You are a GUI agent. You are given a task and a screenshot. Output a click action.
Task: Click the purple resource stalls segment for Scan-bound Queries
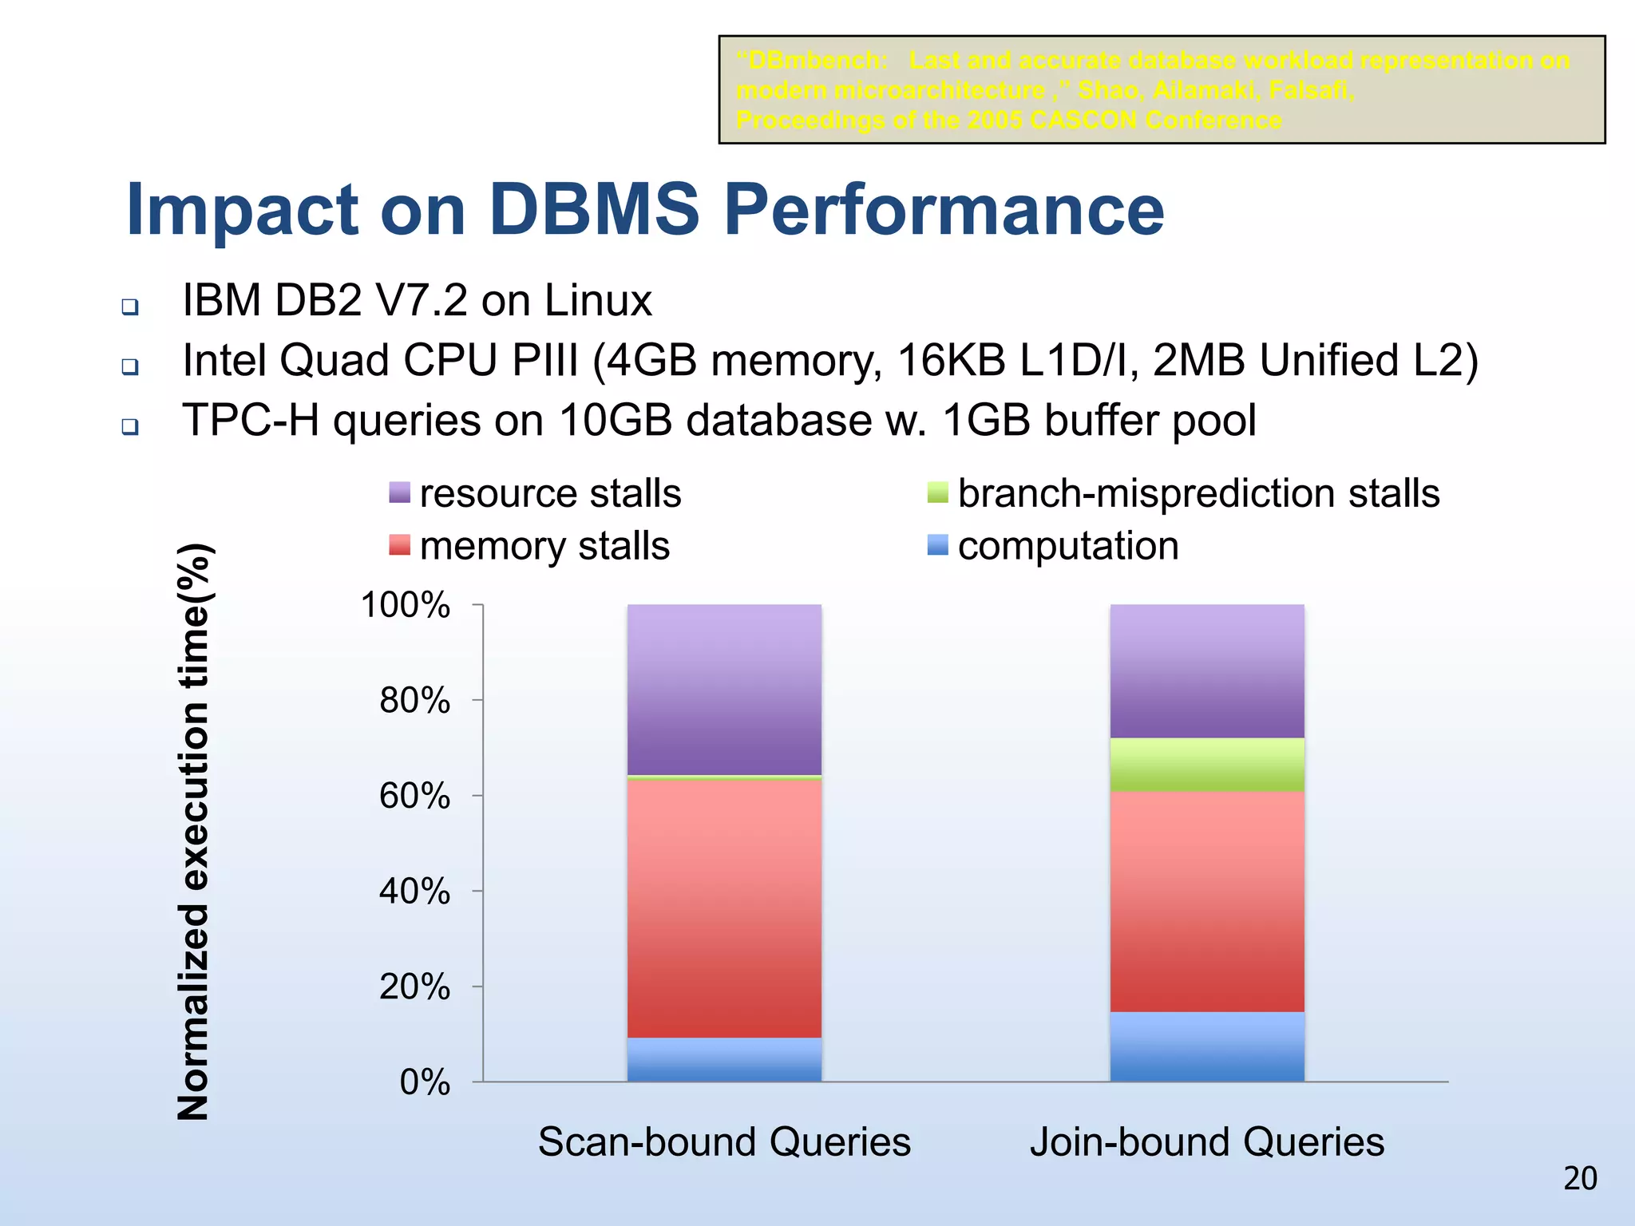(x=724, y=690)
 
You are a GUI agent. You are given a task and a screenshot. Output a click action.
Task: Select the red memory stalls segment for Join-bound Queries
(x=1207, y=902)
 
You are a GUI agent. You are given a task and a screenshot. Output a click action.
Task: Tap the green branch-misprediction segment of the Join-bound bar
(x=1207, y=765)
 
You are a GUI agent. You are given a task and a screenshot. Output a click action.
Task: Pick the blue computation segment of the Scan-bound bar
(x=724, y=1060)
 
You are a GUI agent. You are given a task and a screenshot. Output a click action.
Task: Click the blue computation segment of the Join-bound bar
(x=1207, y=1047)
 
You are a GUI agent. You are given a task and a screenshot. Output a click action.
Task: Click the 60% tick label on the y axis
(x=414, y=796)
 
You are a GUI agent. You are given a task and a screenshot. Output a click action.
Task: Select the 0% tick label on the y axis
(x=425, y=1082)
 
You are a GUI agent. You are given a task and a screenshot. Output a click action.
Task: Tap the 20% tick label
(x=414, y=987)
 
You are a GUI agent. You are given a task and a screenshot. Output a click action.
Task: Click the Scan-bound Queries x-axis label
(x=724, y=1141)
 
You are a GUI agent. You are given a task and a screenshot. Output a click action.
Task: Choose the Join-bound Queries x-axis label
(x=1207, y=1141)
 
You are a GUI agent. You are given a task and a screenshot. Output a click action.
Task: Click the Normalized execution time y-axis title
(x=193, y=830)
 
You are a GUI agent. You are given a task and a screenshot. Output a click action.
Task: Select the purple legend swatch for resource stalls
(x=399, y=492)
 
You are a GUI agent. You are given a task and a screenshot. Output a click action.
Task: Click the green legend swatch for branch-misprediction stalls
(x=937, y=492)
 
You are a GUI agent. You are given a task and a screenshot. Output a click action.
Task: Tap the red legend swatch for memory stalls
(x=399, y=545)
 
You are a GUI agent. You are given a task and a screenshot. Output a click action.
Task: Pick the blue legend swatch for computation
(x=937, y=545)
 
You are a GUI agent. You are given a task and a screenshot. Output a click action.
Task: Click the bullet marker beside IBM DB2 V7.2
(x=130, y=306)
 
